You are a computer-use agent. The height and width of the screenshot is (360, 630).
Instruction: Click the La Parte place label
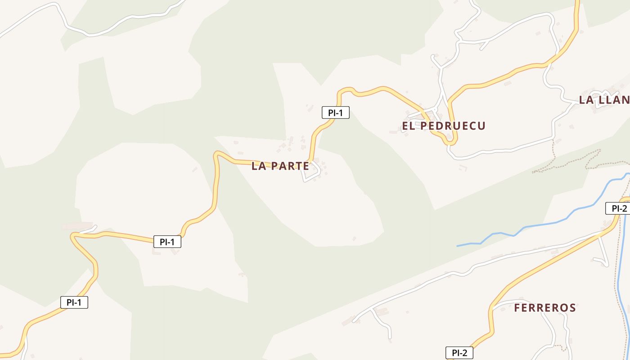click(280, 166)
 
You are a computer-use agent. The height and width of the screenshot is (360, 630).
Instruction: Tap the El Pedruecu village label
click(444, 126)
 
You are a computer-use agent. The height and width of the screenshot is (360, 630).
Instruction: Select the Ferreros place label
click(544, 308)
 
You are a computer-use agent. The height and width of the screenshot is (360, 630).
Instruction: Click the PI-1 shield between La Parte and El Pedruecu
click(335, 112)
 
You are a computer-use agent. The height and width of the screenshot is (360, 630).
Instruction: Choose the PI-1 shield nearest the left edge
click(74, 302)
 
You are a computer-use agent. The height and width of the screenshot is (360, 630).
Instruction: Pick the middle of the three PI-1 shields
click(167, 242)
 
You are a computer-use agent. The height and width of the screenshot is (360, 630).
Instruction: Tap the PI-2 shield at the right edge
click(619, 208)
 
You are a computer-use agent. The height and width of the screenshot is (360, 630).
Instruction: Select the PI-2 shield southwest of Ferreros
click(459, 353)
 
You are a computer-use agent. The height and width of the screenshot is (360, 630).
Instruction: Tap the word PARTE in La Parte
click(291, 166)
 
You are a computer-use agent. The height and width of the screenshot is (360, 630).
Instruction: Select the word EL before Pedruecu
click(408, 126)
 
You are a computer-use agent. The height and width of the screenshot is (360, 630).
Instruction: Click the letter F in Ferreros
click(517, 308)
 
